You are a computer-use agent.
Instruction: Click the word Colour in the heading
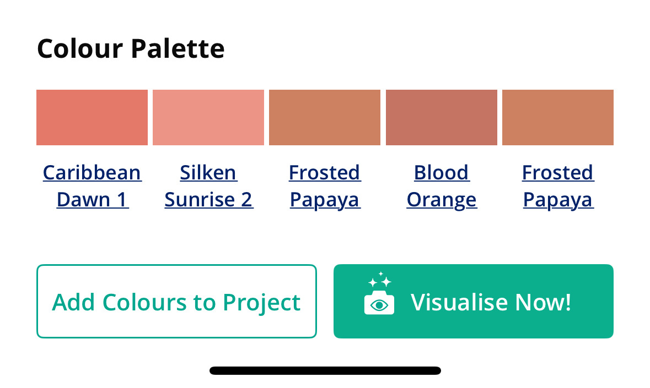(x=80, y=49)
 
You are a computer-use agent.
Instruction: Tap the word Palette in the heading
(x=178, y=49)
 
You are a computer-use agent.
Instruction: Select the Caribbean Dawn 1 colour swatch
(x=92, y=117)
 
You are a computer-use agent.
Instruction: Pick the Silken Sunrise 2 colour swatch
(x=208, y=117)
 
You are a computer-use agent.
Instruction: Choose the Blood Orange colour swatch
(x=442, y=117)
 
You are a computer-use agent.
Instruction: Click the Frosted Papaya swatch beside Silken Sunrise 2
(x=325, y=117)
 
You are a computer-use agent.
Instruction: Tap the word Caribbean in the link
(x=92, y=172)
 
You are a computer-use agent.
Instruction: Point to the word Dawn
(x=83, y=200)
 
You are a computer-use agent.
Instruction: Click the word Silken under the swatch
(x=208, y=172)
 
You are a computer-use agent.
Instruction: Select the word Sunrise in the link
(x=200, y=200)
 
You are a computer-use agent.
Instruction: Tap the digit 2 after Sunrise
(x=246, y=200)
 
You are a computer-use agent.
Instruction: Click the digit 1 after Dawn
(x=121, y=200)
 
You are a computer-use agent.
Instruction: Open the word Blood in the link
(x=441, y=172)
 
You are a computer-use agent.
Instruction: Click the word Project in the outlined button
(x=261, y=302)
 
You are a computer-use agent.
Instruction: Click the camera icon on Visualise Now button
(x=379, y=302)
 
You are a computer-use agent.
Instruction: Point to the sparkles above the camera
(x=380, y=280)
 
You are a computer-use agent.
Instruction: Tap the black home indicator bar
(x=325, y=370)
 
